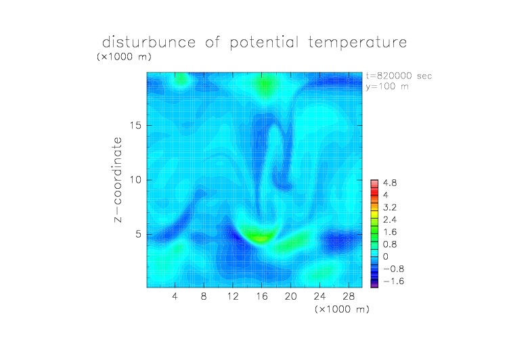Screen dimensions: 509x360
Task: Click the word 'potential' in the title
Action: click(264, 43)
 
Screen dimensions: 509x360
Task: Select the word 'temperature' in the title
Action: click(357, 43)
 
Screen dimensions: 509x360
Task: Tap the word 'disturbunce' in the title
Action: click(149, 42)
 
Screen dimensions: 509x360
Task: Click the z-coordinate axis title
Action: click(118, 180)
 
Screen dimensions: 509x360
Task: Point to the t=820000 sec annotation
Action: click(399, 76)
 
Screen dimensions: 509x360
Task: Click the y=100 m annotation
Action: click(387, 87)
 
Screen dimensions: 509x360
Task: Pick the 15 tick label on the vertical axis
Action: click(135, 125)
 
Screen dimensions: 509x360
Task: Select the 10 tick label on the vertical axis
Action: click(135, 180)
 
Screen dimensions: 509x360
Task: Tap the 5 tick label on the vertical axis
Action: click(139, 234)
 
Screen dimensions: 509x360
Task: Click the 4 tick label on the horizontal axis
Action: click(175, 296)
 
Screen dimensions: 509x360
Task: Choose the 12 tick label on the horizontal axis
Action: click(233, 296)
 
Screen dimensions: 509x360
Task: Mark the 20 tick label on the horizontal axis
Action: click(290, 296)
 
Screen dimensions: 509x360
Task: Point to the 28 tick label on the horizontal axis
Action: click(349, 296)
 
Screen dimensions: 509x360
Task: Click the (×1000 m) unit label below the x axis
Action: click(342, 309)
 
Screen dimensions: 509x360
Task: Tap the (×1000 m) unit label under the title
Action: click(124, 57)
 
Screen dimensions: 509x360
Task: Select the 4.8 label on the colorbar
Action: click(390, 183)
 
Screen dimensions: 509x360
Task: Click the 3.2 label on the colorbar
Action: click(390, 208)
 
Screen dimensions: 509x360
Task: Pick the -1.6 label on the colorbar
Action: click(394, 281)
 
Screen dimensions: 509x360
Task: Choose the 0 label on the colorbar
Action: click(386, 256)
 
